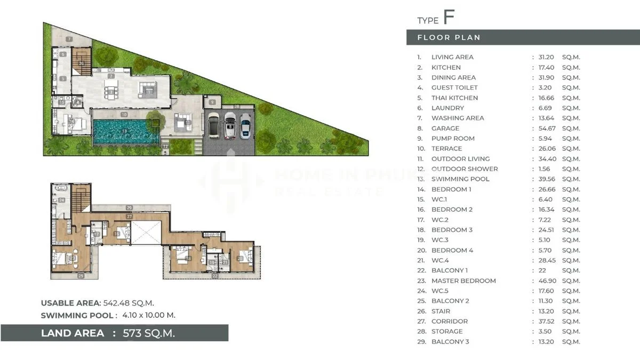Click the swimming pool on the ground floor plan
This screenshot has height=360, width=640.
(125, 132)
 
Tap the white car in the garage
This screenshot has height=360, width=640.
(230, 125)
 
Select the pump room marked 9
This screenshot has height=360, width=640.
(212, 102)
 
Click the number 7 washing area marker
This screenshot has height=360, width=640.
(69, 39)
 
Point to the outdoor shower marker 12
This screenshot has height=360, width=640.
(166, 146)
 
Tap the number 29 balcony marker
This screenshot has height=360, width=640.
(129, 207)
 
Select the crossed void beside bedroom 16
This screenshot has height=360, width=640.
(145, 233)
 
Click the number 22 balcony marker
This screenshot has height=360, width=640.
(215, 276)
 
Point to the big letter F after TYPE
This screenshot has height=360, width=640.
(449, 17)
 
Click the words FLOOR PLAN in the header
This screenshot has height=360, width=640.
(449, 37)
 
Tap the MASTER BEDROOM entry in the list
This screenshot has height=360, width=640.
(463, 281)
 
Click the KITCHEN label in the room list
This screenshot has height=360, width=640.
(446, 67)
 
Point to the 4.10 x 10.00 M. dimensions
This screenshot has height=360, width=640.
(149, 315)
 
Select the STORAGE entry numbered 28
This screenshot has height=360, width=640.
(447, 331)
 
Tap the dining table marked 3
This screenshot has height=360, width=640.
(111, 93)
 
